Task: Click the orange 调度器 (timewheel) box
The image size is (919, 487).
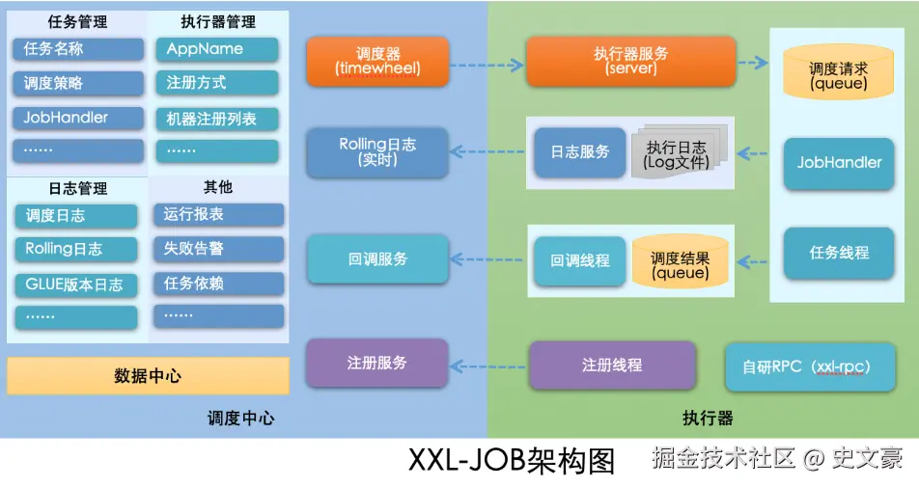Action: (378, 62)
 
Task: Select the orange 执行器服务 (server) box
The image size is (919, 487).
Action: (631, 62)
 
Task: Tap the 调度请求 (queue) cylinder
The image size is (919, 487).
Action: (839, 70)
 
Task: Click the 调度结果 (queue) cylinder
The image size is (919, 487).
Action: (680, 261)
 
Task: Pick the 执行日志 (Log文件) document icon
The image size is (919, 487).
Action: (679, 151)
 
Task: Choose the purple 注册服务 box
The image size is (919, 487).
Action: (377, 363)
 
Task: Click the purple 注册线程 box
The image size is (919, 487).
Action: (612, 365)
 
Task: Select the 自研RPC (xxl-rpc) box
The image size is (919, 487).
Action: (810, 367)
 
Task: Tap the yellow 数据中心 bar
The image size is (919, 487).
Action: (148, 375)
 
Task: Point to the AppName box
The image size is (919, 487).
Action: (217, 49)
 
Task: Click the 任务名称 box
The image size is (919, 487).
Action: (78, 49)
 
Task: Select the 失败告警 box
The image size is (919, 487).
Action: (218, 249)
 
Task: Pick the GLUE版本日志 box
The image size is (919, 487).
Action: (76, 285)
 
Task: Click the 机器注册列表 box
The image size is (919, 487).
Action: (217, 119)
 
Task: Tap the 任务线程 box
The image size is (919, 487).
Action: (839, 253)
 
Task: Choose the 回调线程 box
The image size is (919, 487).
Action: (579, 261)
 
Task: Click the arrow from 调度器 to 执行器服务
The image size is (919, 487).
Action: (487, 65)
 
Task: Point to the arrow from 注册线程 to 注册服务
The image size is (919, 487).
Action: (487, 366)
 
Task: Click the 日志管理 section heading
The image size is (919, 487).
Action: (78, 188)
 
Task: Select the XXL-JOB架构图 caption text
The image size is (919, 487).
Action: (512, 461)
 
